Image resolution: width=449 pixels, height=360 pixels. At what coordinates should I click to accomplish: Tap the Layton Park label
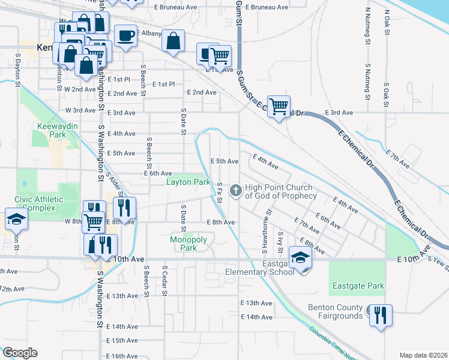pos(188,182)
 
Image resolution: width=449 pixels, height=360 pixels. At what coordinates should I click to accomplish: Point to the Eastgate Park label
pos(357,286)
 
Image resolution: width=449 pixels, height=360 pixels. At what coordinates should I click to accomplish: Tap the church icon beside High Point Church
pos(236,191)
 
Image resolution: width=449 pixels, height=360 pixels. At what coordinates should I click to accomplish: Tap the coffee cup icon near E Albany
pos(125,35)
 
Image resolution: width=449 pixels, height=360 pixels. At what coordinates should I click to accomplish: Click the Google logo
pos(19,353)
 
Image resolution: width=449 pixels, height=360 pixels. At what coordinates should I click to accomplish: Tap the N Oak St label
pos(387,21)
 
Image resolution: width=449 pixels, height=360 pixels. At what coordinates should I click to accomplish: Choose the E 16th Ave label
pos(122,356)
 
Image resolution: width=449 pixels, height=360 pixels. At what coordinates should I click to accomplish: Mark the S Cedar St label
pos(164,275)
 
